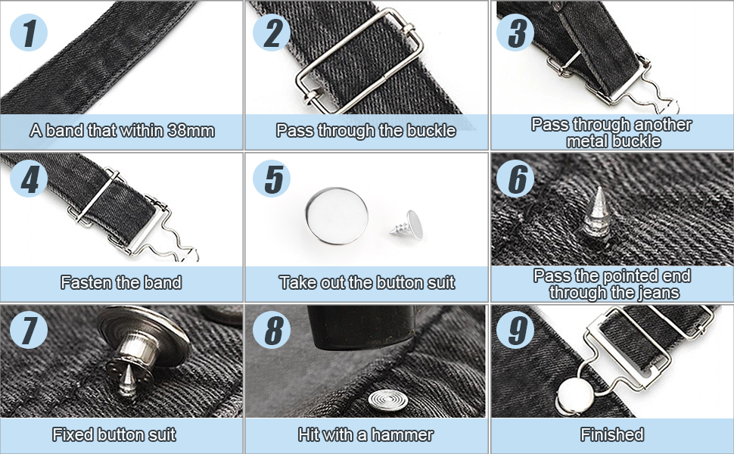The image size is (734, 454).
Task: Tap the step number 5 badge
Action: tap(272, 180)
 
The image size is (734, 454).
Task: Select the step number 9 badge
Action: tap(515, 330)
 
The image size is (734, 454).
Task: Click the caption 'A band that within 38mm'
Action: tap(123, 131)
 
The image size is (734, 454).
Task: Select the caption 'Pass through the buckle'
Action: tap(366, 131)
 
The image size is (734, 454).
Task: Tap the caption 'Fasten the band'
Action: tap(121, 283)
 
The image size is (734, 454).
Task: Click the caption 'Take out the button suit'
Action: tap(367, 283)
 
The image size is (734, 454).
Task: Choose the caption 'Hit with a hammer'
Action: tap(366, 435)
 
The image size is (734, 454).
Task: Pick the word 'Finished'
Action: tap(612, 435)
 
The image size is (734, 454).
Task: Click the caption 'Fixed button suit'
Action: tap(114, 435)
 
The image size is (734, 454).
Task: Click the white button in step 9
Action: tap(573, 394)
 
